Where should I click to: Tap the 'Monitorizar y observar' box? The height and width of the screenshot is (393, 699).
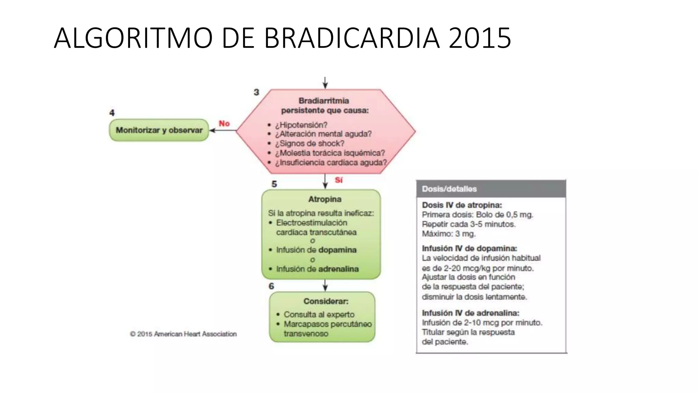159,130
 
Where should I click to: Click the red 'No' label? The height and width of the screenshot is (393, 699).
224,123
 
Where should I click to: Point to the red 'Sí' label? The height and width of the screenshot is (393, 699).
339,180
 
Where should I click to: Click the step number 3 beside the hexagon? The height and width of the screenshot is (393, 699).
256,92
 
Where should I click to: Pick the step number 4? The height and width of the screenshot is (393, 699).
112,113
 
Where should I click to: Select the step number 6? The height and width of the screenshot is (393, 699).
271,286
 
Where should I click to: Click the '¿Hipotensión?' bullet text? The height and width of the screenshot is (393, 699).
301,125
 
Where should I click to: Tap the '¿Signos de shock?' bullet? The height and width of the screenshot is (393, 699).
310,143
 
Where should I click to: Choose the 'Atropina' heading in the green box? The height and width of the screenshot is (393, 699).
325,199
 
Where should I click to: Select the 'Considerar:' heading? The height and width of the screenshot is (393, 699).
326,301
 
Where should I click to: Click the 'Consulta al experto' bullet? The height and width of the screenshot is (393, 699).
319,314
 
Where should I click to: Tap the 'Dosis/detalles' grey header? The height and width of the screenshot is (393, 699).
449,189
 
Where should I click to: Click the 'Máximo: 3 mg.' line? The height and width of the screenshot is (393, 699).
448,234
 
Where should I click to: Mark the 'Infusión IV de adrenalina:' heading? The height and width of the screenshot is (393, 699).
470,313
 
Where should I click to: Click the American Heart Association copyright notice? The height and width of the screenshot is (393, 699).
183,334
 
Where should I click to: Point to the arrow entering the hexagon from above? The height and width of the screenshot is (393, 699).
325,83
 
